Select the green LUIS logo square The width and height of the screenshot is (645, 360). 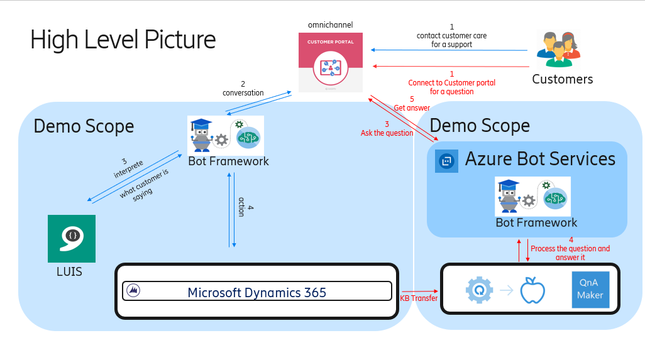(x=72, y=239)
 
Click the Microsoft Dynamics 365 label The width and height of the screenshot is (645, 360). (x=256, y=292)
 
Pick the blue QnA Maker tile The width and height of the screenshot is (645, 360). (x=590, y=290)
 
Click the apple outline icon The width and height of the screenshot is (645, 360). (x=532, y=291)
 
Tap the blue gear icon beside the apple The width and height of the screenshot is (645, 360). (x=479, y=290)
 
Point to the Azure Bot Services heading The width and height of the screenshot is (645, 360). (x=540, y=158)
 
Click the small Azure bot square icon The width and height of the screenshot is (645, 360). (x=446, y=161)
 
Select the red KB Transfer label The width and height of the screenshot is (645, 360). (x=419, y=298)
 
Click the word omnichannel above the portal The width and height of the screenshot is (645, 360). (x=331, y=25)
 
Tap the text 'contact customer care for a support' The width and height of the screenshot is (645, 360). (x=451, y=40)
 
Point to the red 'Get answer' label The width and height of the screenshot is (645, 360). (x=412, y=108)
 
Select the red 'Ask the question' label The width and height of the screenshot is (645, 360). (x=387, y=133)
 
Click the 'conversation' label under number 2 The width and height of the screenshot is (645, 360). (x=243, y=93)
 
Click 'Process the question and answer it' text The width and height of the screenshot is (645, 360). (x=570, y=253)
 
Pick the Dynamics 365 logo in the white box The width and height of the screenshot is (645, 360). (x=133, y=291)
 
